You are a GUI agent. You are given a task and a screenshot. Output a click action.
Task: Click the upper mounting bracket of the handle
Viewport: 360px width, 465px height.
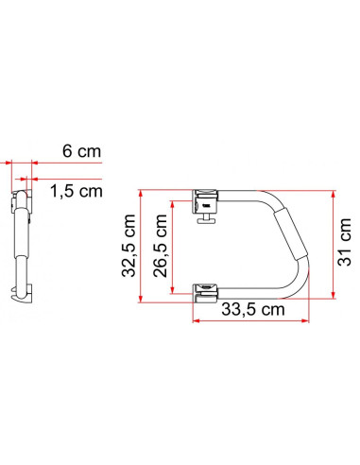tap(205, 198)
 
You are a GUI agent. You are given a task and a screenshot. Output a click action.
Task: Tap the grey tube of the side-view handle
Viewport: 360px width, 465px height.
tap(20, 236)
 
